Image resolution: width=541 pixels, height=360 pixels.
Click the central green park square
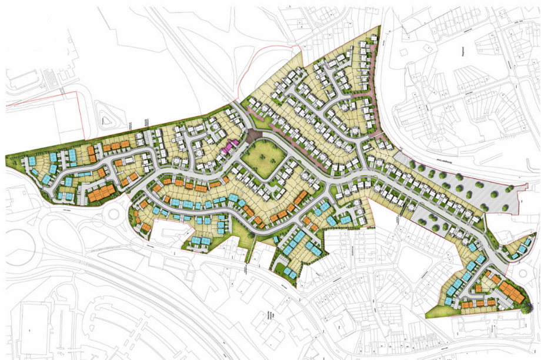coord(265,158)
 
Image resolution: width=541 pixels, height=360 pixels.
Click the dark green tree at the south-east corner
coord(525,307)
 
